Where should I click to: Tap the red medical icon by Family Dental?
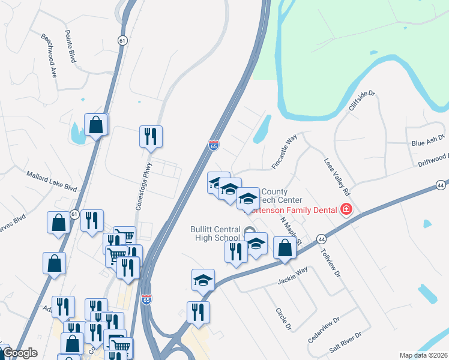pos(346,209)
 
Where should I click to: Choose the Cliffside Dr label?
pos(361,101)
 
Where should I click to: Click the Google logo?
pos(19,353)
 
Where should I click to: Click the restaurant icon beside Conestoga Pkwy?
pos(151,136)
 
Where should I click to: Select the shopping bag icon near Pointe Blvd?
pos(96,125)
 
